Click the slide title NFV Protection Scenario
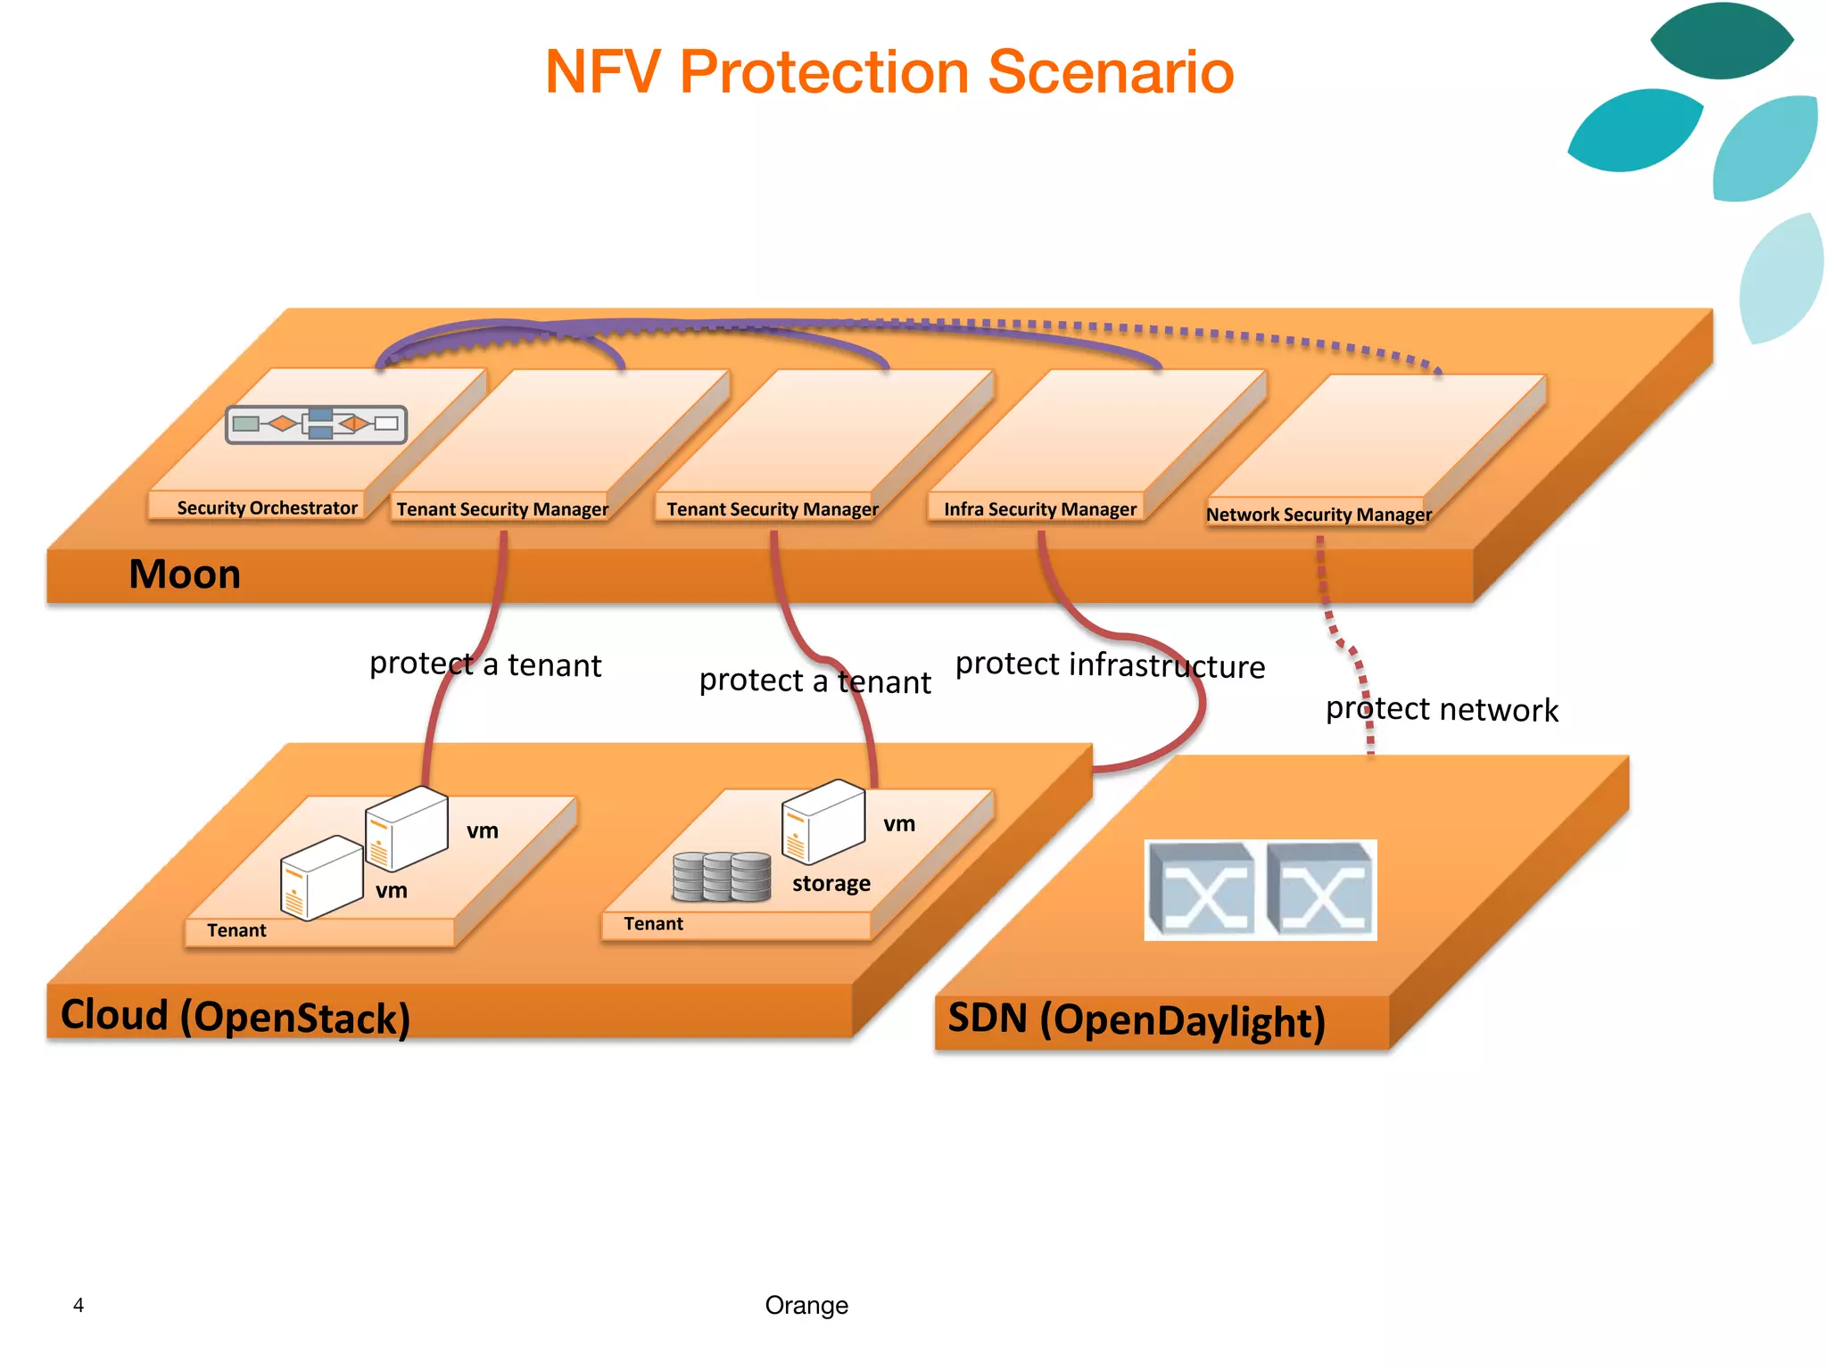tap(889, 72)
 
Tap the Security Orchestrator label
tap(267, 508)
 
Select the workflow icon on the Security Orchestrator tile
tap(317, 424)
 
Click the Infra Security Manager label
tap(1040, 509)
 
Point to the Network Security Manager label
tap(1319, 515)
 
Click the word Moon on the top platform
tap(185, 574)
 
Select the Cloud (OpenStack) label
tap(235, 1017)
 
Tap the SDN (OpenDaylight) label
tap(1136, 1020)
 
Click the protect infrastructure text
tap(1110, 665)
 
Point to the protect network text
tap(1442, 710)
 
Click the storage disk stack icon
tap(722, 876)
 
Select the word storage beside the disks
tap(831, 884)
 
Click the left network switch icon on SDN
tap(1201, 889)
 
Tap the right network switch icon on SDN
tap(1321, 889)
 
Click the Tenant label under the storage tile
tap(653, 924)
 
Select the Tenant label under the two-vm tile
tap(236, 931)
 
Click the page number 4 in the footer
tap(79, 1306)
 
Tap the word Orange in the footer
tap(806, 1306)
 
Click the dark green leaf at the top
tap(1721, 41)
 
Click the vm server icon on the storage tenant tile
tap(823, 821)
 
